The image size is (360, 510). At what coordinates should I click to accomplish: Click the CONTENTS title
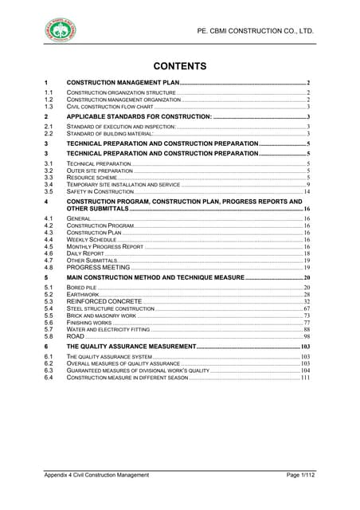click(x=180, y=66)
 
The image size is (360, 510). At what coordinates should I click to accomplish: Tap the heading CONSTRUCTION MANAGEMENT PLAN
click(x=123, y=83)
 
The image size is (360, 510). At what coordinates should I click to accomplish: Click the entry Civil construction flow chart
click(x=109, y=106)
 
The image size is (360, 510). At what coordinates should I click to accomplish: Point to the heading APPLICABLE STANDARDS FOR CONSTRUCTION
click(x=139, y=117)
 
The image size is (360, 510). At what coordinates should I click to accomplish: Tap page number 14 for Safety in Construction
click(x=307, y=192)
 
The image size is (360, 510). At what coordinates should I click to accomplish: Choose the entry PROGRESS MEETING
click(x=98, y=268)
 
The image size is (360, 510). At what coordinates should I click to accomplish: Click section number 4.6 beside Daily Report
click(x=49, y=253)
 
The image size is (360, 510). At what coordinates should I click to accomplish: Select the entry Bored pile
click(x=82, y=287)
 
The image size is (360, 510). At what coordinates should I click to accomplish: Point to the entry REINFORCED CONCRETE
click(x=104, y=302)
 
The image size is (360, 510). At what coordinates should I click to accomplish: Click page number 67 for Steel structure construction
click(x=307, y=309)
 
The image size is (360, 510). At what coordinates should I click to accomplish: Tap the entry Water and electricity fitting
click(x=108, y=330)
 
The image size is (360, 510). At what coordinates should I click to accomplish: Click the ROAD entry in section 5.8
click(x=76, y=337)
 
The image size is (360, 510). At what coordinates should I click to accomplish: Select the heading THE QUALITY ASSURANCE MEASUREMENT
click(x=131, y=348)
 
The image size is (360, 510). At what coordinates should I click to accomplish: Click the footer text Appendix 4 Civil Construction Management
click(x=96, y=475)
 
